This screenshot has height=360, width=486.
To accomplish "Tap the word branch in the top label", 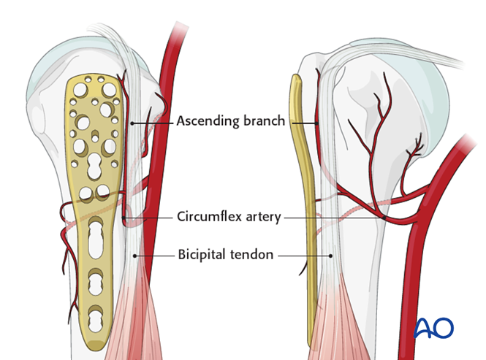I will pos(263,121).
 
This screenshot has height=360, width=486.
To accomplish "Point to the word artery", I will pos(262,217).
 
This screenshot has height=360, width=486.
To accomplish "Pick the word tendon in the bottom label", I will pos(255,255).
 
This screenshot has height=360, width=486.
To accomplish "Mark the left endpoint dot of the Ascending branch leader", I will pos(132,122).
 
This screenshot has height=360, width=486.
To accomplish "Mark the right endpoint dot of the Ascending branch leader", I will pos(318,122).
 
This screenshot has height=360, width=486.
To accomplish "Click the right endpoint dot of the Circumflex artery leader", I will pos(385,217).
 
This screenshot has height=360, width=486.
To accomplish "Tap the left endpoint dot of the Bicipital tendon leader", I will pos(134,256).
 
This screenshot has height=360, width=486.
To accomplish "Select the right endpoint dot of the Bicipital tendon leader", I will pos(331,256).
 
